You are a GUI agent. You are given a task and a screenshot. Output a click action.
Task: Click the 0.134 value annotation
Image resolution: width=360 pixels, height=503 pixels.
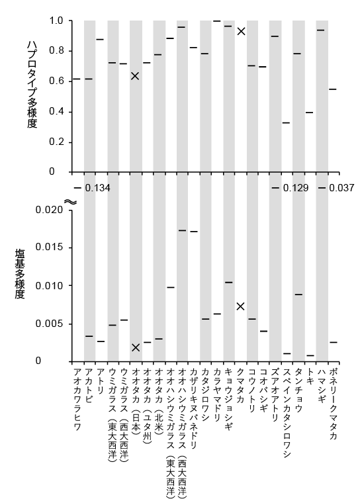pos(97,188)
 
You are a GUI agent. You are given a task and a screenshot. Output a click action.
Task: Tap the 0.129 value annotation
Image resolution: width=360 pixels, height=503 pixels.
pos(296,188)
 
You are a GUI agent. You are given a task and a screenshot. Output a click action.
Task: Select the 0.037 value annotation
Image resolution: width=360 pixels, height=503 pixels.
pos(341,188)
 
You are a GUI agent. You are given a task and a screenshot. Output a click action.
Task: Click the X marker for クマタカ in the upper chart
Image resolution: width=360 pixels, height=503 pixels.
pos(241,31)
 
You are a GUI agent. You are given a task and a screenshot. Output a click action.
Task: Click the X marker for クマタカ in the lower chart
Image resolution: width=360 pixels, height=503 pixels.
pos(241,306)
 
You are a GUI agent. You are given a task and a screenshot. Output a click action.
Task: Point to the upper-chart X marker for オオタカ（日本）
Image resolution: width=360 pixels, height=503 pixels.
pos(136,76)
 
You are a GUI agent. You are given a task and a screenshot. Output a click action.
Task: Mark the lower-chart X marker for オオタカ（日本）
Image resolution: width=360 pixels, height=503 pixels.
pos(136,347)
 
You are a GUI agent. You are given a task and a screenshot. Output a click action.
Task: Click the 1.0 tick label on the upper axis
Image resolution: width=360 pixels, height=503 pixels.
pos(56,21)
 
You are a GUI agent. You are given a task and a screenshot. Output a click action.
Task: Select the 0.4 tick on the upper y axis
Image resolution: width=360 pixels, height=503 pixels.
pos(56,112)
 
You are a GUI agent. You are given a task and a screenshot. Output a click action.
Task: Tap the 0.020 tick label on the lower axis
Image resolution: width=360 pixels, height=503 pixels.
pos(50,210)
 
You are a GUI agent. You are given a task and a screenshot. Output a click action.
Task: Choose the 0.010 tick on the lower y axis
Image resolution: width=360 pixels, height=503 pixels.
pos(50,286)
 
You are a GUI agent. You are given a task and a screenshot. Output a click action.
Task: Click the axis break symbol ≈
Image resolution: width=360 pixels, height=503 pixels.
pos(71,202)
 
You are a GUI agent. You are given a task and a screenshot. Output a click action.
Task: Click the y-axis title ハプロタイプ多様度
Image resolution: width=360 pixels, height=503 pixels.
pos(32,85)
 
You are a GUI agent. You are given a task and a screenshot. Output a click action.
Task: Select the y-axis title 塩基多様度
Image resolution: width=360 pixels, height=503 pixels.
pos(20,274)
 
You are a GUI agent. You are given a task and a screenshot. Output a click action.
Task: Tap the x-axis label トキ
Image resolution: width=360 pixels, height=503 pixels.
pos(310,374)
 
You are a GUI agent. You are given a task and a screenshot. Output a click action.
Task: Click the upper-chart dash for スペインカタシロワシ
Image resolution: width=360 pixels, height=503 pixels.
pos(286,123)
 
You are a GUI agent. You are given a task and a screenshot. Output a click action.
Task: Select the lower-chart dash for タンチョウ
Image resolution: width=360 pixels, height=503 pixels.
pos(298,295)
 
